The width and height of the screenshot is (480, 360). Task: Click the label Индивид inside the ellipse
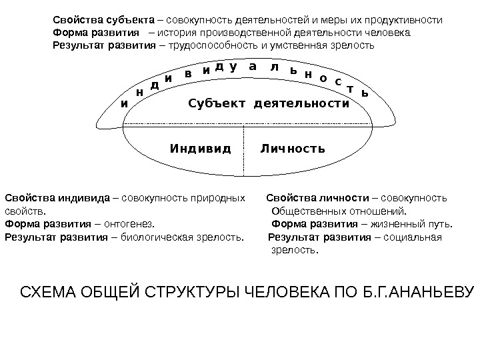[200, 147]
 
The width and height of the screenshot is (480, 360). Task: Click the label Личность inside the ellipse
[293, 147]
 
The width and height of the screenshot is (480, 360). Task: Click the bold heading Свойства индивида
[57, 198]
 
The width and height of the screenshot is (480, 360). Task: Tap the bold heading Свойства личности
[317, 198]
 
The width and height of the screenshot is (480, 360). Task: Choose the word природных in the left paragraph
[217, 198]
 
